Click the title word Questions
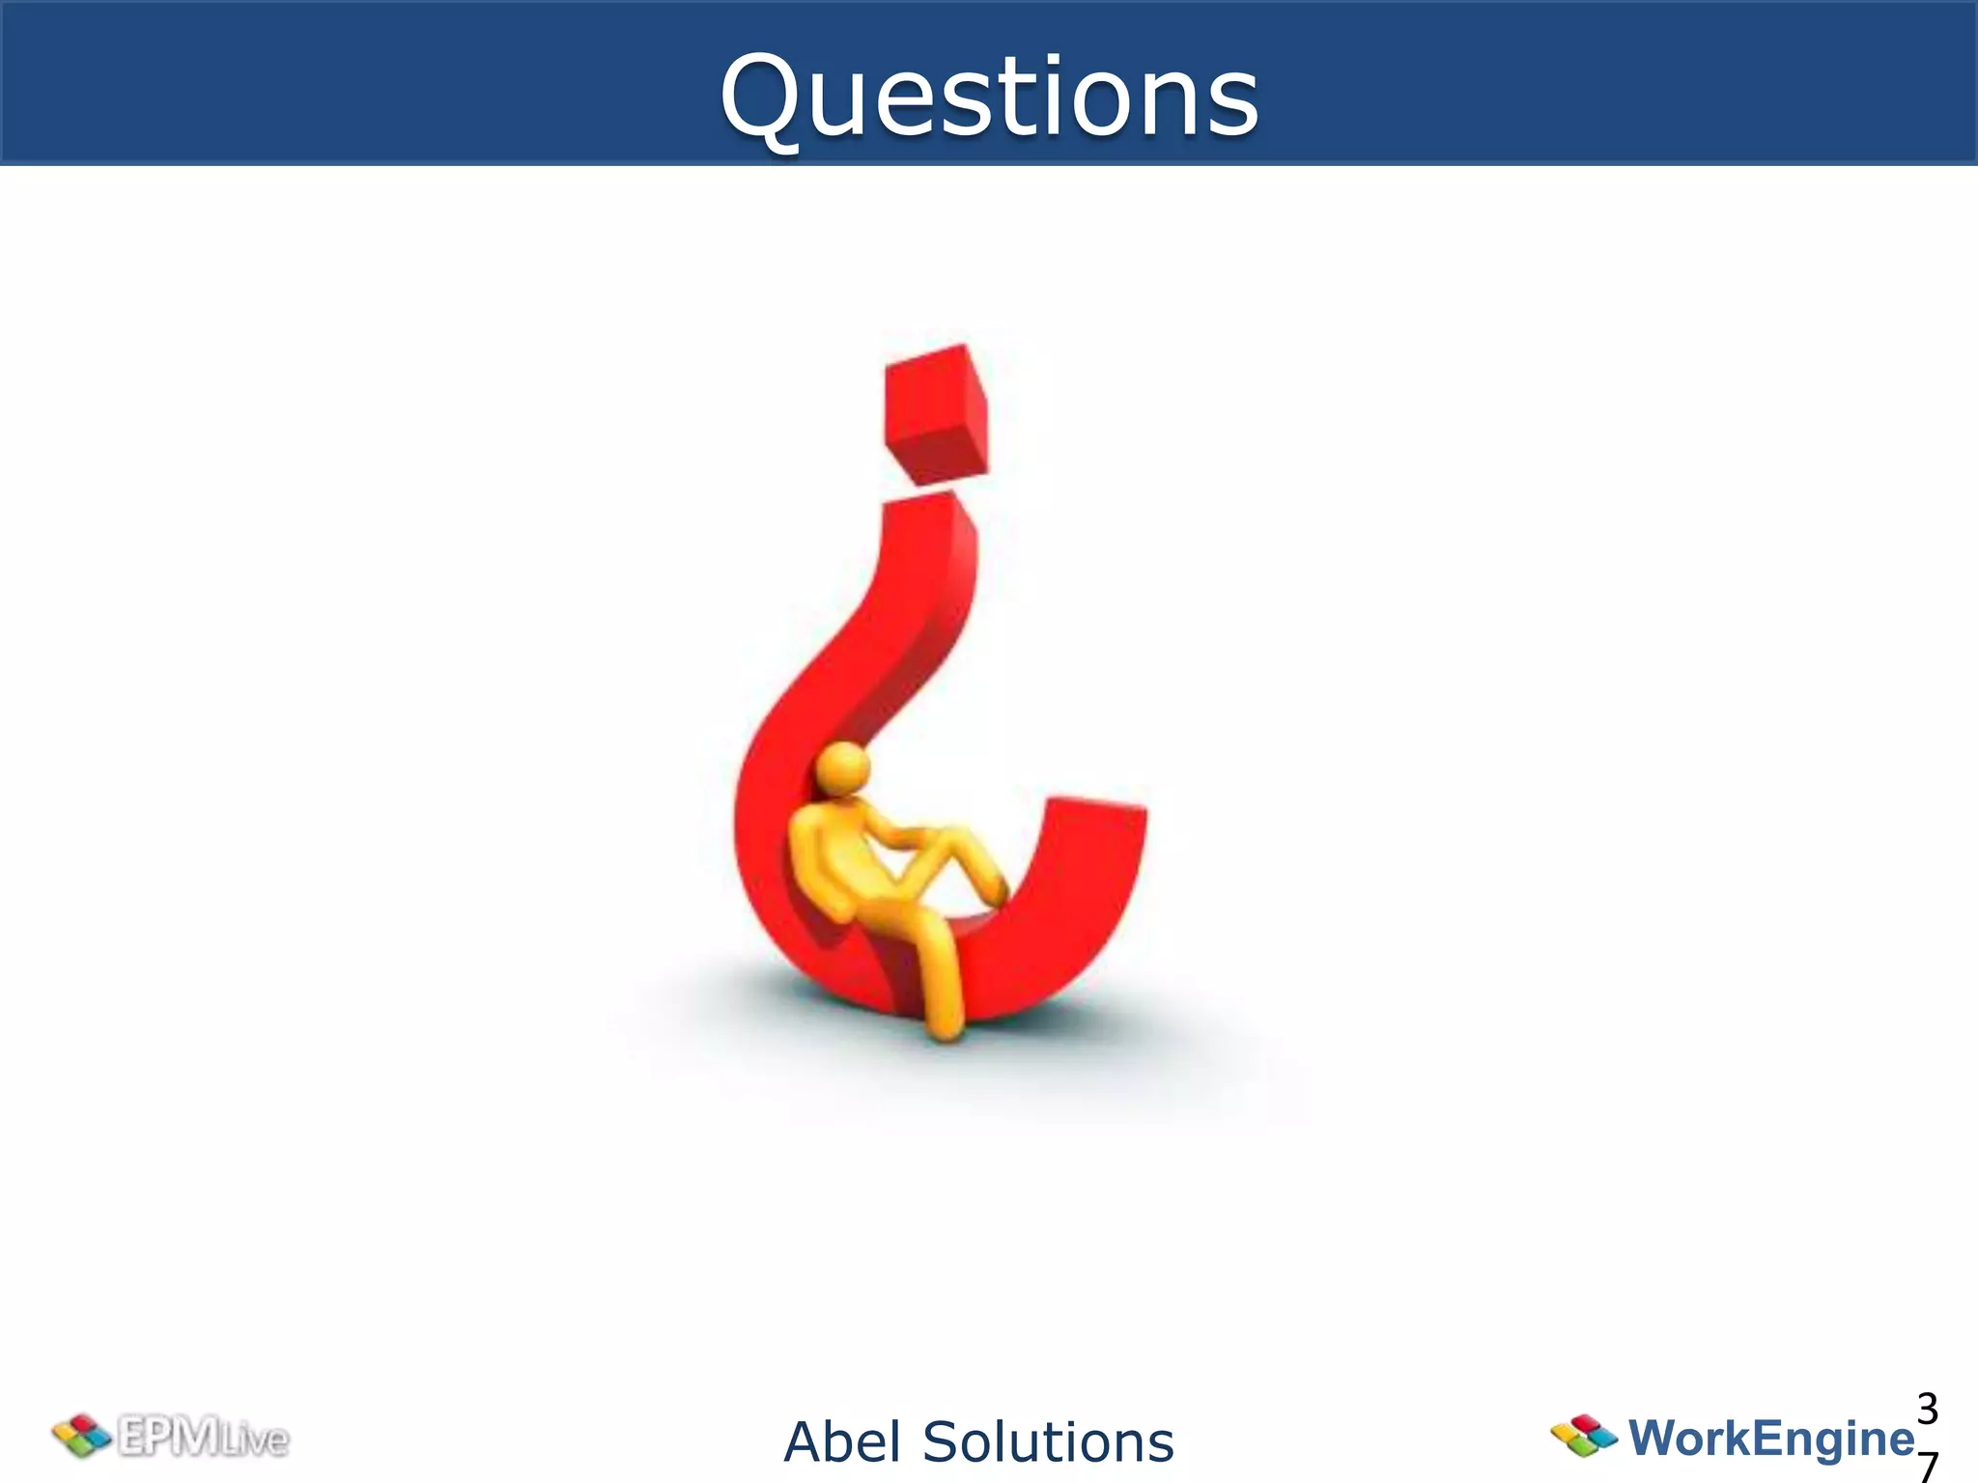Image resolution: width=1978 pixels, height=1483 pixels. pyautogui.click(x=989, y=97)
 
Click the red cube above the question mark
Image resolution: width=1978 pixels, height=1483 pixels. pyautogui.click(x=935, y=413)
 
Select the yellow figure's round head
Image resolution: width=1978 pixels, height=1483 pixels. pyautogui.click(x=843, y=769)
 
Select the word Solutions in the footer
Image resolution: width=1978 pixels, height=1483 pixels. pyautogui.click(x=1048, y=1442)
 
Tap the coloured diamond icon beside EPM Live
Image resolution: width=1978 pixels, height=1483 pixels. pyautogui.click(x=81, y=1437)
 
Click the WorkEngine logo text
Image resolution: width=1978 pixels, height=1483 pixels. pyautogui.click(x=1770, y=1438)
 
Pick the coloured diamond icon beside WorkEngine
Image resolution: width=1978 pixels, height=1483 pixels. pyautogui.click(x=1584, y=1436)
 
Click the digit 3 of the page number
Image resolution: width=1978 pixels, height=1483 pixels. pyautogui.click(x=1927, y=1411)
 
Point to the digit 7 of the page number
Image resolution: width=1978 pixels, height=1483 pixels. pyautogui.click(x=1927, y=1467)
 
